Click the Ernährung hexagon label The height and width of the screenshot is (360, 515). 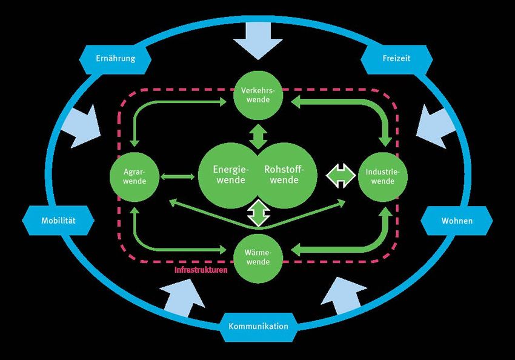115,59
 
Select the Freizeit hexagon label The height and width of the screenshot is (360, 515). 397,59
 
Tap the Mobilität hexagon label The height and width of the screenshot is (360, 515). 58,221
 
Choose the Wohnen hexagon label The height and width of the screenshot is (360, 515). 457,221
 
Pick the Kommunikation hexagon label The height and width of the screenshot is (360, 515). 258,326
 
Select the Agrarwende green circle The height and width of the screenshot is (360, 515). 134,176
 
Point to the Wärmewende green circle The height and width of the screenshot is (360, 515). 259,258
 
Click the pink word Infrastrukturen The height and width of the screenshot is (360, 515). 201,270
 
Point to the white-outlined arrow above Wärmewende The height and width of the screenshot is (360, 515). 259,214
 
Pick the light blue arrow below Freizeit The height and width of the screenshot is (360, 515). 434,125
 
